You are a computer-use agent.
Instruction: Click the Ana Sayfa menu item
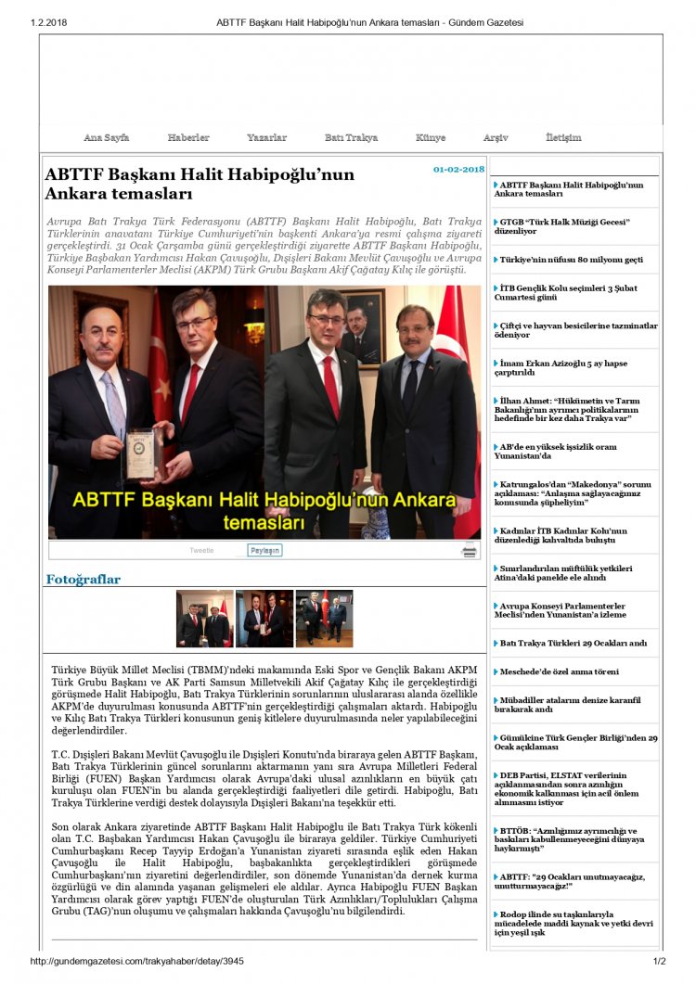[106, 138]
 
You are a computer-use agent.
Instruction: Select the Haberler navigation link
[188, 138]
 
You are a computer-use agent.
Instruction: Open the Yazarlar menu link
[266, 138]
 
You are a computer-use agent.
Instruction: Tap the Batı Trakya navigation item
[351, 138]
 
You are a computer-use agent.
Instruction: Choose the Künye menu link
[431, 138]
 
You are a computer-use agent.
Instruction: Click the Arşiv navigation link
[496, 138]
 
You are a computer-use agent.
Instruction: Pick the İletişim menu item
[563, 138]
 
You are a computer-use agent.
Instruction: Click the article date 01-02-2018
[458, 170]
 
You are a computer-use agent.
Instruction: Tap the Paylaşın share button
[264, 550]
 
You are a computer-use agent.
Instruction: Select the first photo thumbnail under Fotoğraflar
[205, 619]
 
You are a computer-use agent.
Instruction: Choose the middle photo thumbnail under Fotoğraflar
[264, 619]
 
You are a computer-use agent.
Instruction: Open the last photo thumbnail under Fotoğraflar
[324, 619]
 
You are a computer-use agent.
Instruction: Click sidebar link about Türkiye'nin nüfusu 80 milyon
[571, 260]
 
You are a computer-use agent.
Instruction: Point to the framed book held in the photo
[142, 453]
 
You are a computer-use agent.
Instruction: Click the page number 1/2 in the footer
[660, 962]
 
